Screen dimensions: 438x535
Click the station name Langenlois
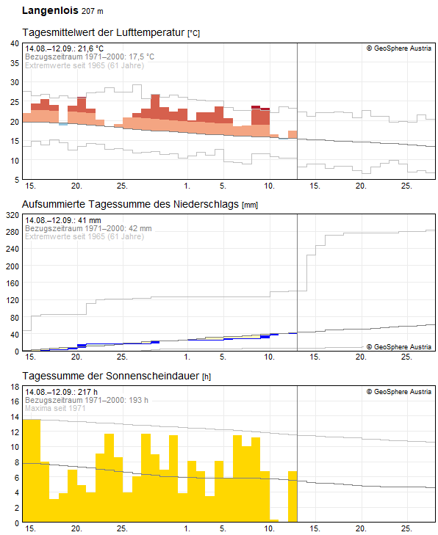[50, 10]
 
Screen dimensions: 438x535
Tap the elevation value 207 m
[93, 11]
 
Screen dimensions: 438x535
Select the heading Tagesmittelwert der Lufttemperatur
[104, 32]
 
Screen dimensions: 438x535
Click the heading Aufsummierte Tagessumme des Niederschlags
[130, 204]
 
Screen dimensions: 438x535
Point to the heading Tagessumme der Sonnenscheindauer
[111, 376]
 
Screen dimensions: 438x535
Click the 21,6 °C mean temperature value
[90, 48]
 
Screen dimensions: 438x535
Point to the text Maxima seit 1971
[55, 408]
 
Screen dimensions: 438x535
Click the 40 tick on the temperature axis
[15, 43]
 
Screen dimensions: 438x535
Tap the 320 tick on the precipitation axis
[12, 215]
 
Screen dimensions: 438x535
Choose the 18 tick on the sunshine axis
[15, 387]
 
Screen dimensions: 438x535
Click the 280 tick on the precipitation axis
[12, 232]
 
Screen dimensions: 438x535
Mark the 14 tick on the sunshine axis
[15, 417]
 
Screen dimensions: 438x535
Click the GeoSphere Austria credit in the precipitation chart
[399, 346]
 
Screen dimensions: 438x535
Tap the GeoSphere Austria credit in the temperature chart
[399, 48]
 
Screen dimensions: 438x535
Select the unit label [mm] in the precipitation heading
[250, 205]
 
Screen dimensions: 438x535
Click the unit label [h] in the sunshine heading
[207, 376]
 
